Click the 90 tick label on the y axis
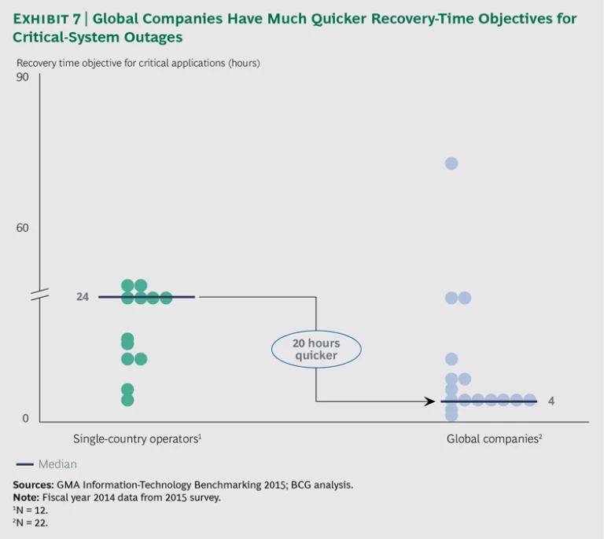[x=22, y=77]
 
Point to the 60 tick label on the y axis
[x=22, y=228]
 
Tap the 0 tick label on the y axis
[x=25, y=419]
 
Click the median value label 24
[x=83, y=297]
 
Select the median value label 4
[x=551, y=401]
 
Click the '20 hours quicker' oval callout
[x=316, y=349]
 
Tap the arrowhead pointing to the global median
[x=429, y=401]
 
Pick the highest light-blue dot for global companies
[x=451, y=163]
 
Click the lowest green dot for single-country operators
[x=127, y=400]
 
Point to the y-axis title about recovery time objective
[x=138, y=62]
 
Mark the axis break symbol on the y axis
[x=39, y=295]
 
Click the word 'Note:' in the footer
[x=28, y=497]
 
